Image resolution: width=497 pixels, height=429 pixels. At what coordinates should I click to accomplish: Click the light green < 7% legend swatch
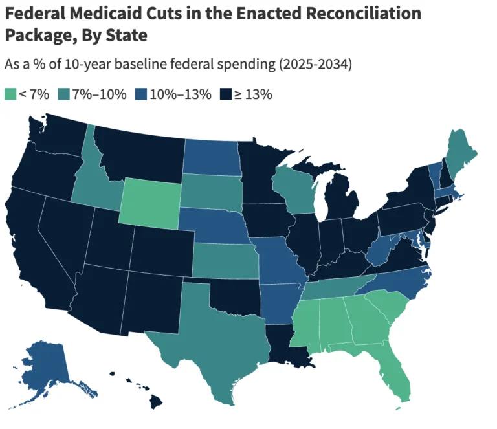[10, 94]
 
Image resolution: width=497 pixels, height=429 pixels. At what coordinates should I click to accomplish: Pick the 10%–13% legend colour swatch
[140, 94]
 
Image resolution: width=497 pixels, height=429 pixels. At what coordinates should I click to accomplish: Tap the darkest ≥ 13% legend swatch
[226, 94]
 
